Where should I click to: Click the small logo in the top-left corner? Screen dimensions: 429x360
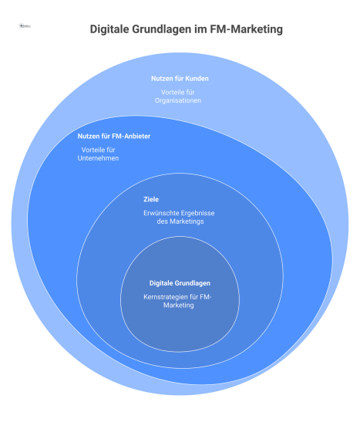pyautogui.click(x=23, y=25)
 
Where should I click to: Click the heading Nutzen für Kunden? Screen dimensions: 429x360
pyautogui.click(x=179, y=78)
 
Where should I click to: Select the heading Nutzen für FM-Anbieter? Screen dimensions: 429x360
pyautogui.click(x=113, y=137)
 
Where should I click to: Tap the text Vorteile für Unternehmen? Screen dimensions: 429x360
pyautogui.click(x=103, y=154)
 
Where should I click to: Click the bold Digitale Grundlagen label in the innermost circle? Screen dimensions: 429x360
pyautogui.click(x=179, y=283)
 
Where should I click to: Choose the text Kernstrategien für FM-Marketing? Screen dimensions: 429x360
pyautogui.click(x=179, y=301)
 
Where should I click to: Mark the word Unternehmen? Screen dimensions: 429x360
pyautogui.click(x=103, y=158)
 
